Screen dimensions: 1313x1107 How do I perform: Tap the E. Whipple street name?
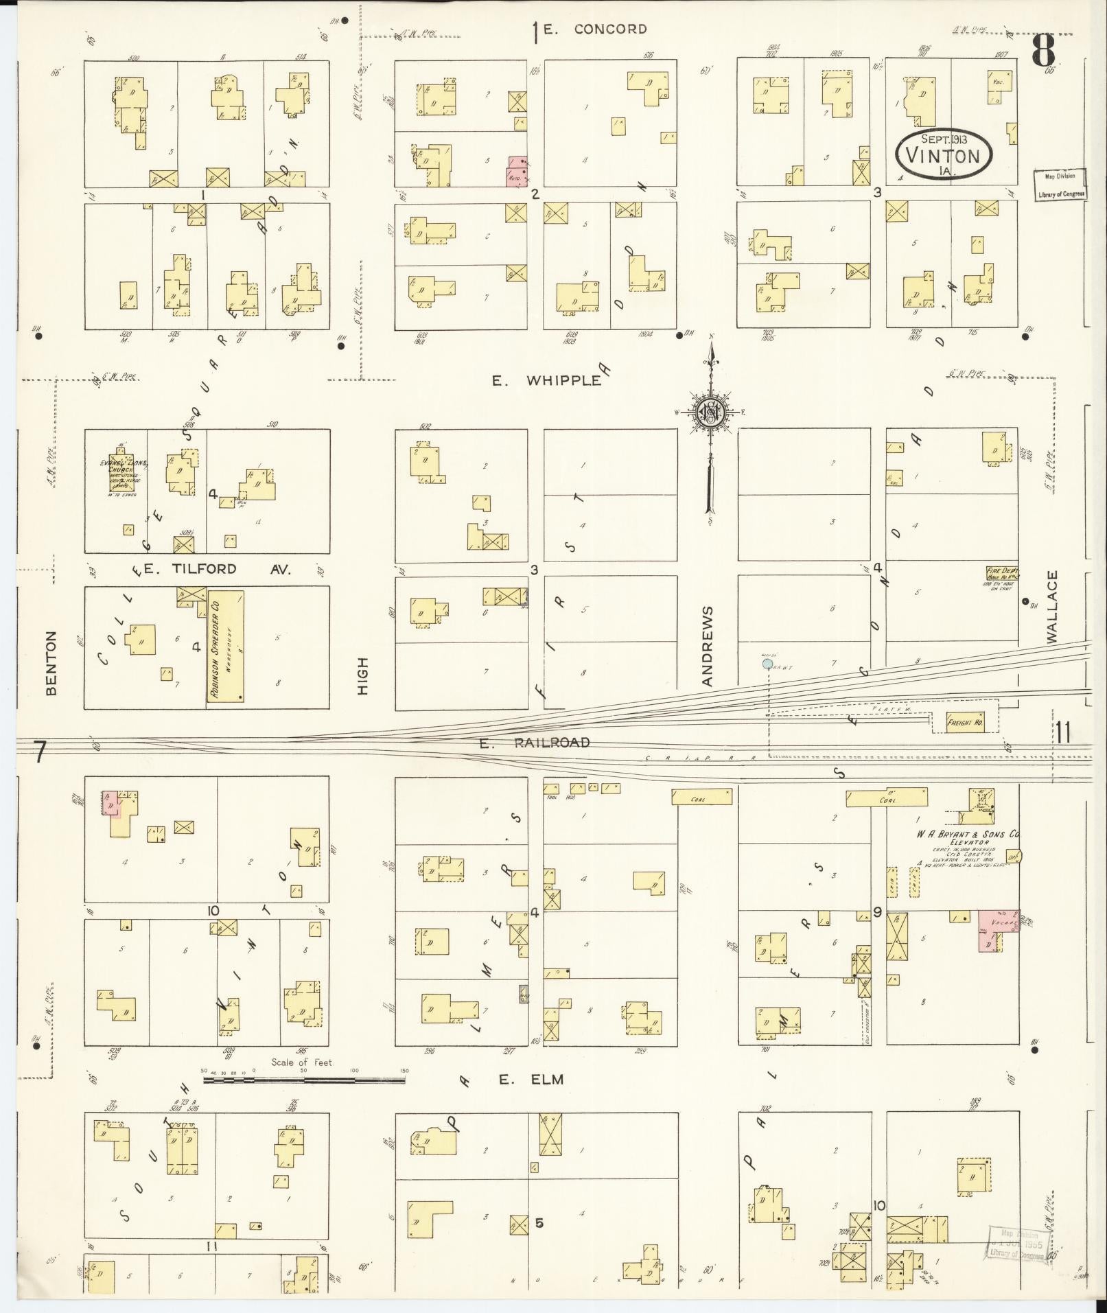point(546,380)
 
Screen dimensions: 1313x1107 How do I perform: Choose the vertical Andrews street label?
point(708,646)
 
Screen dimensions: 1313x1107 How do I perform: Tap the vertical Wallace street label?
point(1053,607)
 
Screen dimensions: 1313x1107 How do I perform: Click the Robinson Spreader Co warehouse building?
point(225,647)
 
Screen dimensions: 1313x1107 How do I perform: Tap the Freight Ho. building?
point(965,723)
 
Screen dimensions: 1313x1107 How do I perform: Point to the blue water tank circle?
point(767,664)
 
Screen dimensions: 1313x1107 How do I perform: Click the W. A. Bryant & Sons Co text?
point(966,835)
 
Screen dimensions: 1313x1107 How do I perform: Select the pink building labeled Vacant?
point(997,929)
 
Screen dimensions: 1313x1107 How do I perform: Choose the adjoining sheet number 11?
point(1063,734)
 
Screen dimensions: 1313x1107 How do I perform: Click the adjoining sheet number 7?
point(39,753)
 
